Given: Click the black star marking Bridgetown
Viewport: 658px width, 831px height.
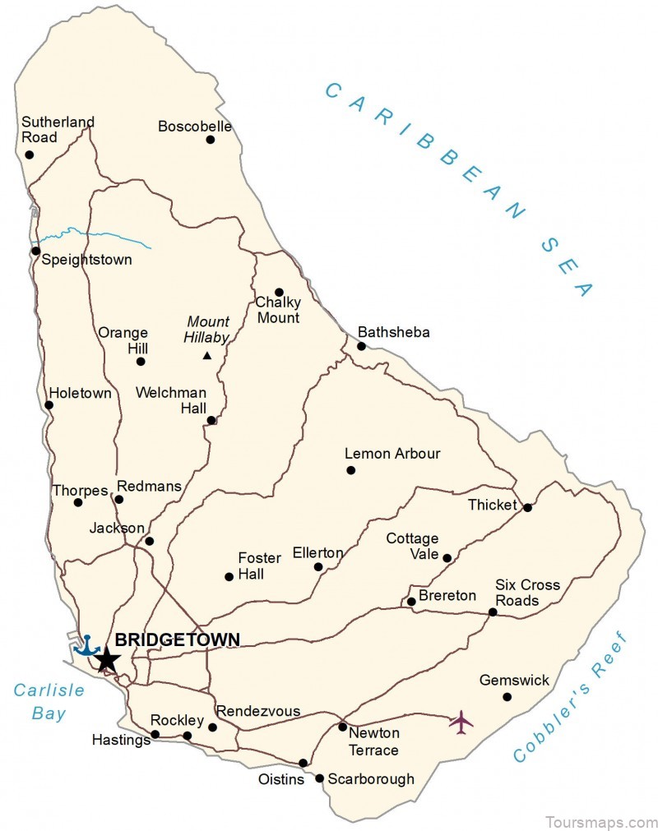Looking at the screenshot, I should [x=107, y=659].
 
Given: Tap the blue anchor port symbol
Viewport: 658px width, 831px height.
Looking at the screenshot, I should [x=86, y=645].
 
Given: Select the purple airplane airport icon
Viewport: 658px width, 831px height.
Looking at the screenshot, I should [x=461, y=723].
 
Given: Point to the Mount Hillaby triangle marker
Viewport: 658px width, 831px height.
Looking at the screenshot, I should [x=207, y=356].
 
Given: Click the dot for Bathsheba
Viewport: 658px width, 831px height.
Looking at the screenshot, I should [x=361, y=346].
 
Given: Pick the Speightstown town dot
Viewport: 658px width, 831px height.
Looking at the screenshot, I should [x=35, y=251].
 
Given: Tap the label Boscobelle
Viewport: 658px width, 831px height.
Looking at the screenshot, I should [x=195, y=127].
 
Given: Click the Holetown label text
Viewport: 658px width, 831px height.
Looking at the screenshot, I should [x=80, y=394].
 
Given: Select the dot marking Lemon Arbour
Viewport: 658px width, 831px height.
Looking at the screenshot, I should [x=351, y=470].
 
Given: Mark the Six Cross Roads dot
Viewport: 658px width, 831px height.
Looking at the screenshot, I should [x=493, y=612].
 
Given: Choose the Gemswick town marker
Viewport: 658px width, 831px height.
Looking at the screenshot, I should [x=507, y=697].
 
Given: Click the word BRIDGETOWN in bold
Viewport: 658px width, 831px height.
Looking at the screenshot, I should [x=178, y=639].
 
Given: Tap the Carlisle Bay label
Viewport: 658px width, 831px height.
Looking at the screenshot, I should [x=49, y=701].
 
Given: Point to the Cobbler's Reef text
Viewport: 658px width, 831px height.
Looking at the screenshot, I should [x=570, y=698].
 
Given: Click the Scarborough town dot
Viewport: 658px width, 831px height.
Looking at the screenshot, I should [x=319, y=778].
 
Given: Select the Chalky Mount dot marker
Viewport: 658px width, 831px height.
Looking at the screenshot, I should [x=279, y=292].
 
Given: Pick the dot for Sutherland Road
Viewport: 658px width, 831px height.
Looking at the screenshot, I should [x=30, y=155].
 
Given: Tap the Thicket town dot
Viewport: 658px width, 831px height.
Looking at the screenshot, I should [x=528, y=507].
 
